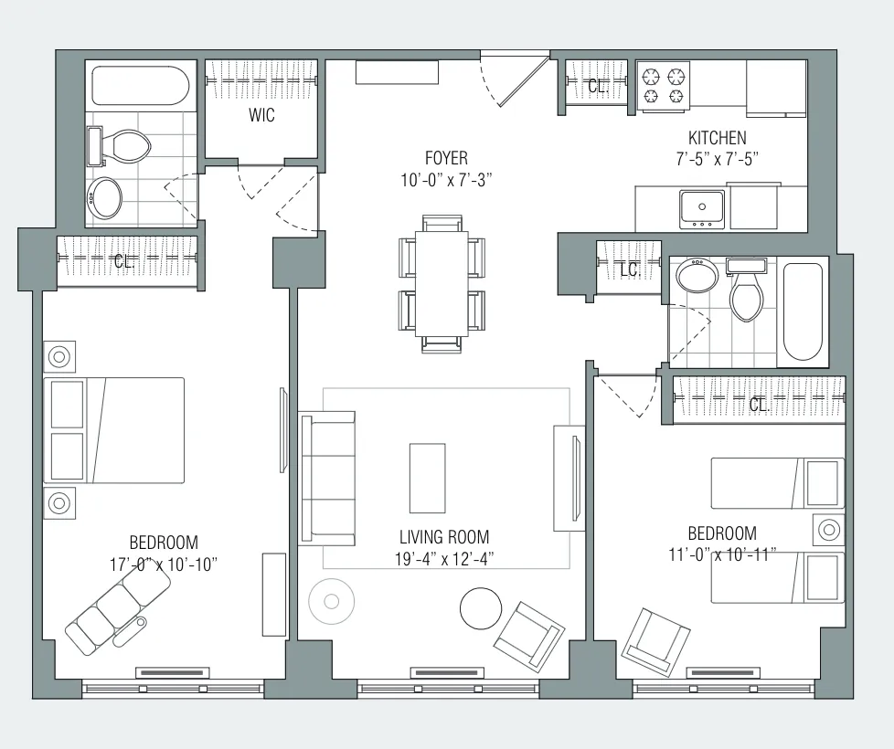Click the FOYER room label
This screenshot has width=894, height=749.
click(446, 157)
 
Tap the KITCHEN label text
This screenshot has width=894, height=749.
click(718, 138)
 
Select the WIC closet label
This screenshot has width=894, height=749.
click(261, 116)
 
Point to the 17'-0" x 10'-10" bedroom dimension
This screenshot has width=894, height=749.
click(163, 564)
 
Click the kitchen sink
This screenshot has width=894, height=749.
click(701, 208)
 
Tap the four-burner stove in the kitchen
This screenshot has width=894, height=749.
click(664, 85)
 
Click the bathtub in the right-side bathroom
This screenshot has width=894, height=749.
click(804, 311)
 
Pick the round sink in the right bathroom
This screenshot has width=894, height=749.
click(697, 273)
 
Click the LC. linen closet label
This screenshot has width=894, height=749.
click(630, 270)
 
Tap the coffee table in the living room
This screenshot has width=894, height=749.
click(427, 478)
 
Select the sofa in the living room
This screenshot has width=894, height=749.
click(327, 479)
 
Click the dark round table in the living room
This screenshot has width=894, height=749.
click(480, 607)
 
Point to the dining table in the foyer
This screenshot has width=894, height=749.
click(443, 282)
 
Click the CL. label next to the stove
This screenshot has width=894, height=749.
click(598, 88)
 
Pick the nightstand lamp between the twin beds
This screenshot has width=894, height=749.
click(829, 530)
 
